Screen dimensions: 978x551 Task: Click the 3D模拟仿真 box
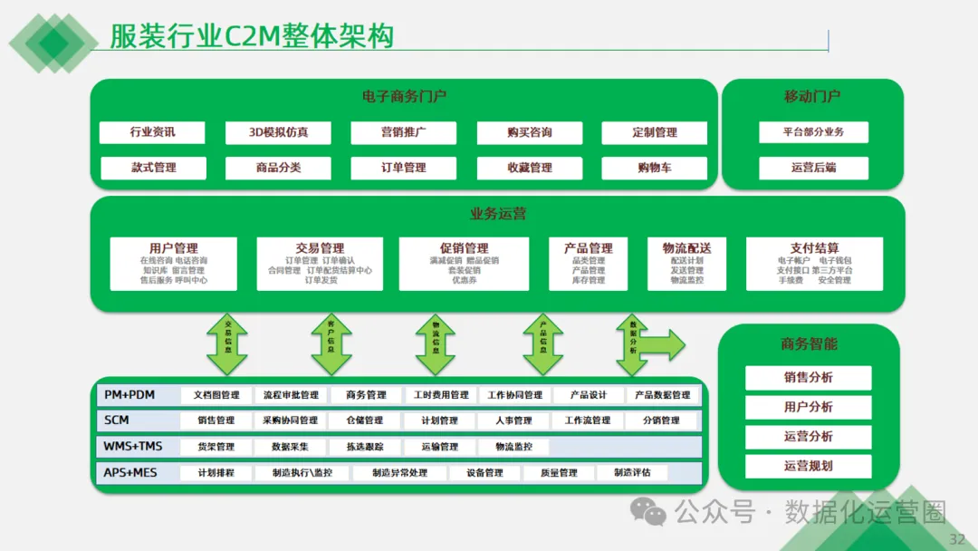[278, 132]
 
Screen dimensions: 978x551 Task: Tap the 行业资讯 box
[152, 132]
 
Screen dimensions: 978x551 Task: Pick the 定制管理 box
[655, 132]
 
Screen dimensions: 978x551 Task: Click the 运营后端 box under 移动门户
[813, 168]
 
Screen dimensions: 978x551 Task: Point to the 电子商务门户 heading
[404, 96]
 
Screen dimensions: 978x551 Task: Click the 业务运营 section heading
[497, 214]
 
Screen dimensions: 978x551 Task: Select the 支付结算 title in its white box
[814, 247]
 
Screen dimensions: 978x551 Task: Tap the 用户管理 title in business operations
[174, 247]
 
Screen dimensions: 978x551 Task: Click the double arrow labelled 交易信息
[227, 345]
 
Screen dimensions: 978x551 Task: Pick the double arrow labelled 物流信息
[436, 345]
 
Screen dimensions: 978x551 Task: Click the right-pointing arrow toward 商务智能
[666, 344]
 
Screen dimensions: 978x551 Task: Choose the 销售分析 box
[808, 378]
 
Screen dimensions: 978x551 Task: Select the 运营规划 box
[808, 466]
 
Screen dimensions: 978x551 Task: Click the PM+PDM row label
[129, 395]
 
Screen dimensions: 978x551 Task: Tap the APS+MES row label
[130, 473]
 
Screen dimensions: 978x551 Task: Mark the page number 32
[956, 539]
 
